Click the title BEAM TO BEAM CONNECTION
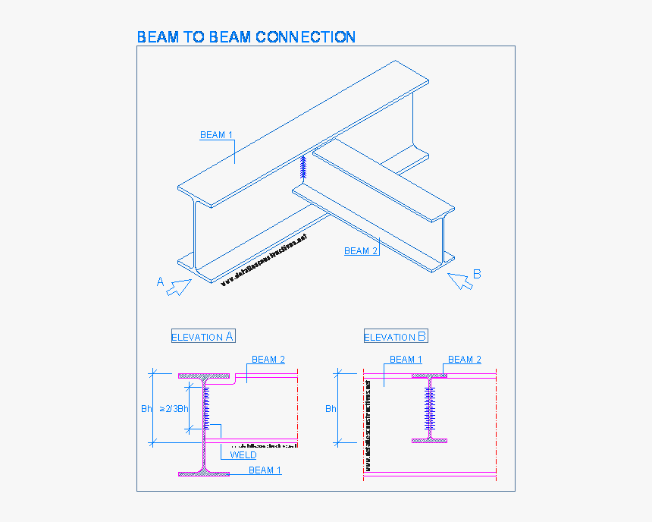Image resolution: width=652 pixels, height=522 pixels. (x=246, y=36)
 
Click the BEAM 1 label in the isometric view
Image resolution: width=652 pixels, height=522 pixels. (x=216, y=135)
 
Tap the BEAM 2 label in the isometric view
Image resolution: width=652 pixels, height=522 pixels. (x=360, y=251)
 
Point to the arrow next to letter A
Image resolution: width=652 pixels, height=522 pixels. (x=180, y=288)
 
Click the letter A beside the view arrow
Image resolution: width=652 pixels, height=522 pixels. (x=160, y=281)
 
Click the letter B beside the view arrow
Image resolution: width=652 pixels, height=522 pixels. (x=477, y=274)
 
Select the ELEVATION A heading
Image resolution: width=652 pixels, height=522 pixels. (x=203, y=337)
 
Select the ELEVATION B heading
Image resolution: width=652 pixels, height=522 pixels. (x=396, y=337)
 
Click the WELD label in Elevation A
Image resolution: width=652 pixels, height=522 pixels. (x=243, y=455)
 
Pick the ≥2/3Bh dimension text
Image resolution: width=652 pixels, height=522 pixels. (x=174, y=409)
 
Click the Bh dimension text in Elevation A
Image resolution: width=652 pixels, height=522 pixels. (x=146, y=409)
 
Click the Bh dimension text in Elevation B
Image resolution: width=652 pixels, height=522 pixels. (x=331, y=409)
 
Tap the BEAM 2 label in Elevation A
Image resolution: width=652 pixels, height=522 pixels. (x=268, y=360)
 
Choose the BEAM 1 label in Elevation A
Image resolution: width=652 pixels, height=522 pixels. (x=265, y=470)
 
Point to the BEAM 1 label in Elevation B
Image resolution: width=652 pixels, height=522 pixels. (x=406, y=360)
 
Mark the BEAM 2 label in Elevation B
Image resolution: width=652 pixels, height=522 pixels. (x=464, y=360)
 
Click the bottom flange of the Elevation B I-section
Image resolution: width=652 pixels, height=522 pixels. (x=430, y=440)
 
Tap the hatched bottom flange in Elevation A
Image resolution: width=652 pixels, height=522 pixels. (x=204, y=474)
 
